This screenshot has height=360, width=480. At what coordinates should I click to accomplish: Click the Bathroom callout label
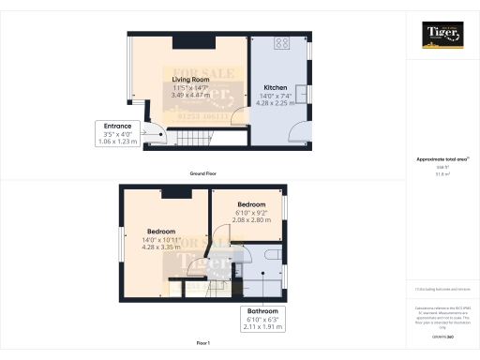coord(262,310)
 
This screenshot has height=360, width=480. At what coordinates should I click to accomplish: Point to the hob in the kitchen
coord(281,43)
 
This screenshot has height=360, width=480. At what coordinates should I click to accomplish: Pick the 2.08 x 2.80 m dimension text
coord(251,219)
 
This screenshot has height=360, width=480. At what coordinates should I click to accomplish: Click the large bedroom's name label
coord(162,231)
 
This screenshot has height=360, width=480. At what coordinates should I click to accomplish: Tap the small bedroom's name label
coord(251,204)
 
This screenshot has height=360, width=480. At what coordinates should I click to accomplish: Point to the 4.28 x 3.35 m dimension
coord(162,247)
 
